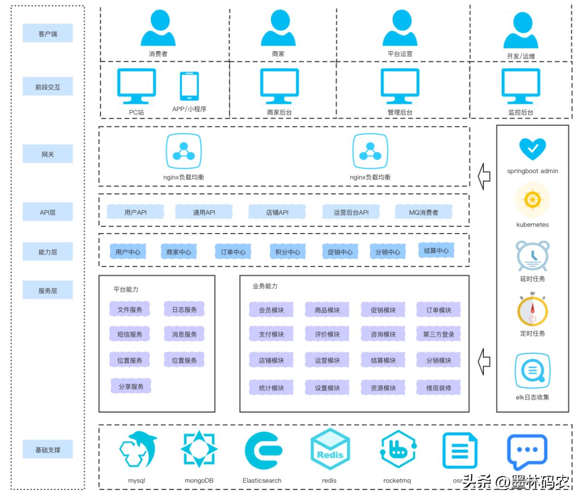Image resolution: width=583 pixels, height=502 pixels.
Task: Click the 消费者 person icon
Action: coord(158,28)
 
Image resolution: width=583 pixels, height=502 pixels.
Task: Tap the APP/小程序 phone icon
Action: coord(189,86)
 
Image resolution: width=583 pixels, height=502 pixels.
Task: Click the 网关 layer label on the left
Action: coord(48,154)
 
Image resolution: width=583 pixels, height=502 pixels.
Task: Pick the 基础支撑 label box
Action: coord(48,449)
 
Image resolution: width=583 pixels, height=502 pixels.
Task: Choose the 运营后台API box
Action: coord(351,212)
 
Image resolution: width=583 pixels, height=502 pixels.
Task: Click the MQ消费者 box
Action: coord(423,212)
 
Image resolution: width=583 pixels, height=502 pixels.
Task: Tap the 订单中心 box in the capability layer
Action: coord(233,252)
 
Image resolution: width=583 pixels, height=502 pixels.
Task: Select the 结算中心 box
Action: coord(436,251)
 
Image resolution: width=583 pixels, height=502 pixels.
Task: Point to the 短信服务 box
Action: coord(130,334)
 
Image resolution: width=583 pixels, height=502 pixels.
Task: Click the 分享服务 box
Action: coord(131,386)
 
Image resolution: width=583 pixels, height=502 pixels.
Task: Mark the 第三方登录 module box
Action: coord(438,334)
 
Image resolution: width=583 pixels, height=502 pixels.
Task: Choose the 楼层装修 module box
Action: coord(438,388)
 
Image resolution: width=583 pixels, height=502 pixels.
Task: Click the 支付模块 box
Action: coord(271,334)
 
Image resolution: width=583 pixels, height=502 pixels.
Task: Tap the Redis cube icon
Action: coord(330,449)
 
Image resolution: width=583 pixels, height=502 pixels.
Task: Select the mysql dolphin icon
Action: coord(137,450)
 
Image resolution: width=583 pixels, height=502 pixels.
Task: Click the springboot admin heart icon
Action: coord(532,149)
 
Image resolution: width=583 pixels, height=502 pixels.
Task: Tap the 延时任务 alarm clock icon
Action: coord(532,256)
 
